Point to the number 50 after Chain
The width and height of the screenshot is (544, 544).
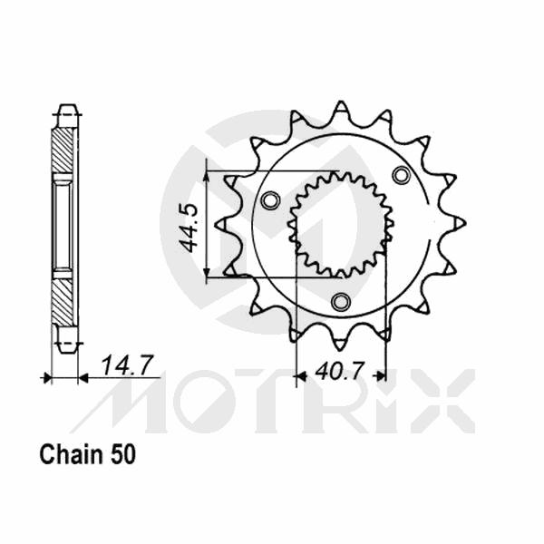click(124, 455)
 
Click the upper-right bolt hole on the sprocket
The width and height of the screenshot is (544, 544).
click(400, 174)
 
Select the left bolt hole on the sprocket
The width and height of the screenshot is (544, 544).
click(268, 200)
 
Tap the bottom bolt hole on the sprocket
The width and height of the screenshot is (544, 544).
click(341, 301)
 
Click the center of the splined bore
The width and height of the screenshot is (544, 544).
click(340, 223)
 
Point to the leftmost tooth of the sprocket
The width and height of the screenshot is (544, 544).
click(222, 223)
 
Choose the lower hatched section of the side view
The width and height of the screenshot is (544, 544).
click(63, 299)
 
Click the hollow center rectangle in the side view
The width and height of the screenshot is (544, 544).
click(63, 224)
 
